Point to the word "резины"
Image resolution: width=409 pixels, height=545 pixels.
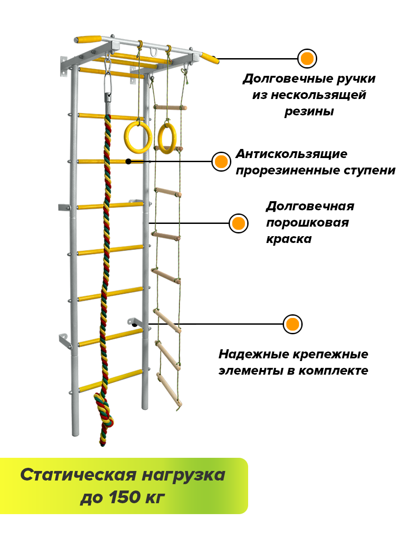[309, 111]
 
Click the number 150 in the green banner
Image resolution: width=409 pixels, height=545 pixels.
[124, 498]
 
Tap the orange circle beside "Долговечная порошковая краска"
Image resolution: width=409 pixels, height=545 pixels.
[238, 223]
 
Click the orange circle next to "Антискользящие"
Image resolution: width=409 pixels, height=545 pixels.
[221, 162]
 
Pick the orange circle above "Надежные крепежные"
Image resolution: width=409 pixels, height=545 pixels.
[292, 324]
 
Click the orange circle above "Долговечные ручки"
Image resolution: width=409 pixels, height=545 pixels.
[307, 59]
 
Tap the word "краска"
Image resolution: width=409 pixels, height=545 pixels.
[289, 239]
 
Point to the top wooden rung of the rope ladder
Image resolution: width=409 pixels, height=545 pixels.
[170, 108]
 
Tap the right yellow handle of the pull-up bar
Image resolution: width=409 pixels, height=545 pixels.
[210, 58]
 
